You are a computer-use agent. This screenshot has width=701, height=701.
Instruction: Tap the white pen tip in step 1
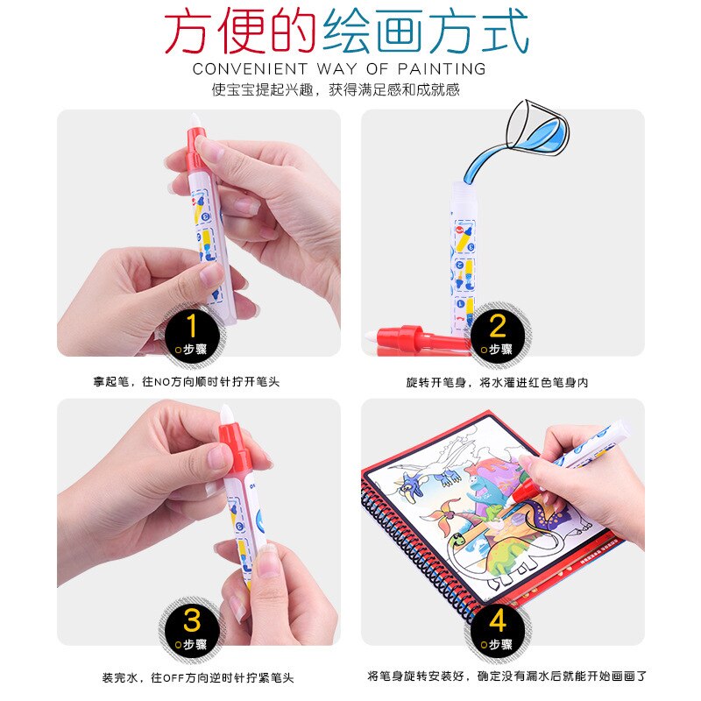click(195, 122)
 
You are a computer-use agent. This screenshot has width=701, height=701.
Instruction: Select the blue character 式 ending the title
click(503, 33)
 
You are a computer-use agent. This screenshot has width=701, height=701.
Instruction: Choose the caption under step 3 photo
click(197, 676)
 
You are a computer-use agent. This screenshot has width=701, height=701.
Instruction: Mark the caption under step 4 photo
click(507, 676)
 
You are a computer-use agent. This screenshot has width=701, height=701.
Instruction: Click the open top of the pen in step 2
click(464, 185)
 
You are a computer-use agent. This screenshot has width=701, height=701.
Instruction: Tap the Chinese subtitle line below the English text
click(336, 89)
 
